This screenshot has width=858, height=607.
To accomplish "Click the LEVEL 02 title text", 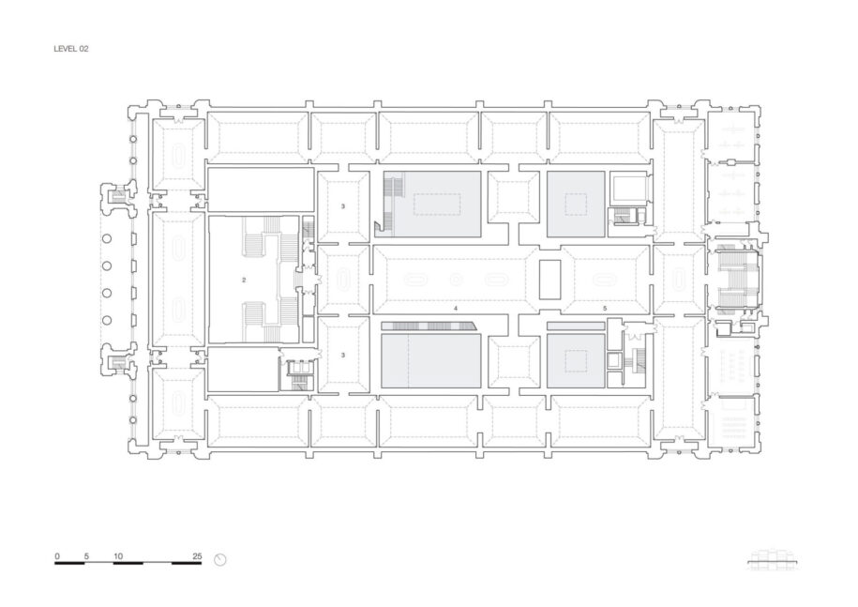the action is point(70,49).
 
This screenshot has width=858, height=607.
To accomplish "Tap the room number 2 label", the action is point(244,281).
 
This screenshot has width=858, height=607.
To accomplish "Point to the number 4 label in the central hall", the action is point(456,309).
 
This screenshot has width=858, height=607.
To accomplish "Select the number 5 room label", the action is point(605,309).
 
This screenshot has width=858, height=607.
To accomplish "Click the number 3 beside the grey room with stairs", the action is point(343,206).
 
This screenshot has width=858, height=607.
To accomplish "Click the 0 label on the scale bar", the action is point(57,556).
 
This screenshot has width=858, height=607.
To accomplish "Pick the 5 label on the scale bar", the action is point(86,556).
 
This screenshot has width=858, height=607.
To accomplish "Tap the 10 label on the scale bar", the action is point(118,556).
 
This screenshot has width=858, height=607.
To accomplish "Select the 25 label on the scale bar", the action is point(197,556).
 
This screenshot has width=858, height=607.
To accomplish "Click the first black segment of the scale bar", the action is point(69,563).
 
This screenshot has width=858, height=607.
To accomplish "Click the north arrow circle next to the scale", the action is point(220,560).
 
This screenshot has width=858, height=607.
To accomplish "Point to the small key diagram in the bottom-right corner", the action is point(774,560).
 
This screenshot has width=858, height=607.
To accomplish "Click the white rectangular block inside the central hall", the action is point(549,280).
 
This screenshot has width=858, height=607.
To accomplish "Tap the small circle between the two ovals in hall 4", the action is point(456,281).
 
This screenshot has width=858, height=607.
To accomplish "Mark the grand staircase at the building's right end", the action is point(736,281).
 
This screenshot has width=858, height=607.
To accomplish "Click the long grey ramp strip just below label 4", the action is point(428,326).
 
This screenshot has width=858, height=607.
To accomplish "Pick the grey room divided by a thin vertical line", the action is point(431,360).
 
